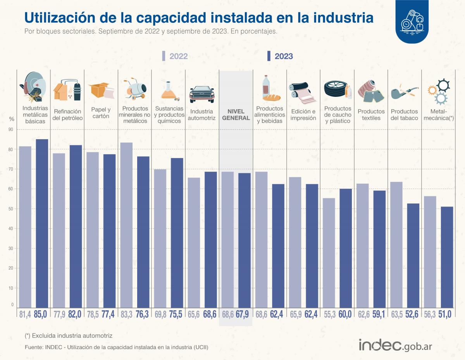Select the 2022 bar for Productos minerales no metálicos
(126, 225)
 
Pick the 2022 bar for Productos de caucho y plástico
(329, 252)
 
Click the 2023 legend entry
(280, 56)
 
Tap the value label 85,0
(42, 314)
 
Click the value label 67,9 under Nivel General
(244, 314)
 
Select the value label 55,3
(329, 314)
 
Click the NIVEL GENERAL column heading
(236, 115)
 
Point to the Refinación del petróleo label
(67, 115)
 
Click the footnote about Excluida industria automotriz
(68, 335)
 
